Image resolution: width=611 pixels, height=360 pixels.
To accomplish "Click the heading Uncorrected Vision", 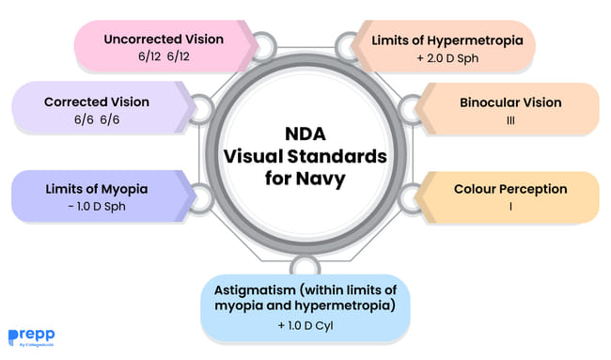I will (x=164, y=39).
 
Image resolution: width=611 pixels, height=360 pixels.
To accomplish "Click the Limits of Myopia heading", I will (x=96, y=189).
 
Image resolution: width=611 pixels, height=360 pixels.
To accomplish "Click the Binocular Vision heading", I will (x=510, y=102).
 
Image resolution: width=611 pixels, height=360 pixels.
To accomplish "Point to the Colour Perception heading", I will (x=510, y=189).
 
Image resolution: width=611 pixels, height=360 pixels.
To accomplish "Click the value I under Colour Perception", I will (x=510, y=207).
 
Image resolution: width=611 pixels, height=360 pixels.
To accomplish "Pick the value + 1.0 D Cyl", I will (x=306, y=327).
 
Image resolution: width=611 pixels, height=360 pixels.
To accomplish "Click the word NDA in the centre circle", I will (x=306, y=135).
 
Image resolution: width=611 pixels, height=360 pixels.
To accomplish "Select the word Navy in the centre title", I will (x=324, y=178).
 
